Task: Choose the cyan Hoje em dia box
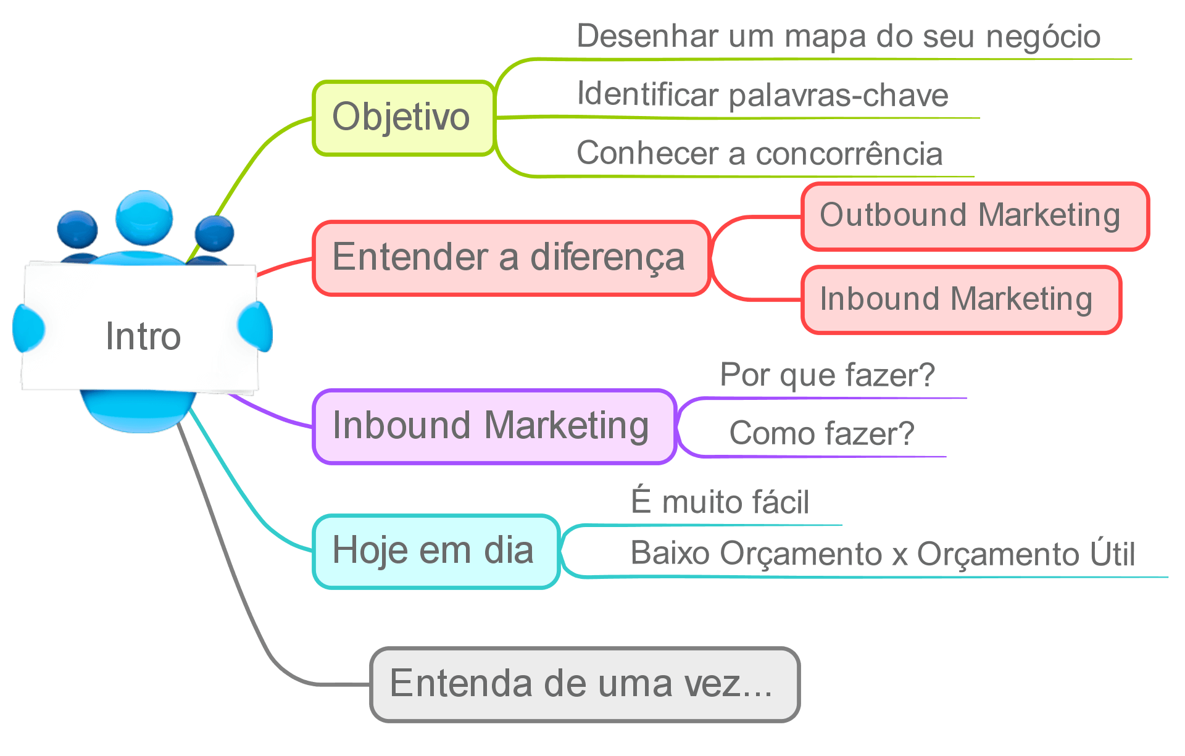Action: tap(436, 551)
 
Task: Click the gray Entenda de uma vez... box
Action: tap(584, 684)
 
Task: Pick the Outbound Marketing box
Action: tap(974, 216)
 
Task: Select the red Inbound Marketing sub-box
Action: tap(960, 300)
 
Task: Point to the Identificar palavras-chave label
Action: tap(762, 95)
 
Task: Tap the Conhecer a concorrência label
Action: tap(759, 154)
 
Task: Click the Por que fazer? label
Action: tap(827, 375)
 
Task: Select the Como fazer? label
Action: tap(821, 433)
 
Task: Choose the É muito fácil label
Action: tap(720, 502)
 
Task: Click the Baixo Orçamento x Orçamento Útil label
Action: tap(883, 554)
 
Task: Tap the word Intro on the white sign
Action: tap(143, 337)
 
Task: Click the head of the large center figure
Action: tap(144, 217)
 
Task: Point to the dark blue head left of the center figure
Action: tap(77, 230)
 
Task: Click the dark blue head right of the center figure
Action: tap(214, 234)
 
